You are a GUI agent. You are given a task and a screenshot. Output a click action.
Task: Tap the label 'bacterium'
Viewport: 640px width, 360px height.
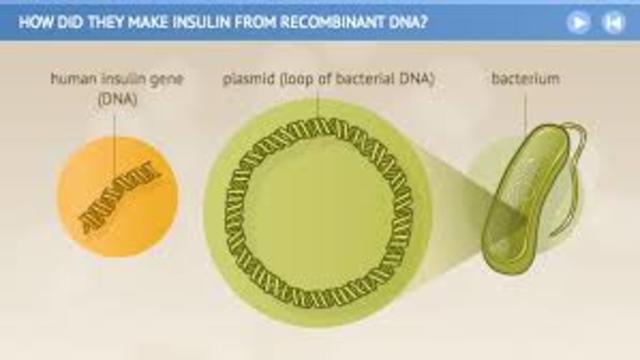click(525, 77)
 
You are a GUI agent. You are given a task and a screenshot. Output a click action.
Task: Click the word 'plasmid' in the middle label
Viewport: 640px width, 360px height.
click(246, 77)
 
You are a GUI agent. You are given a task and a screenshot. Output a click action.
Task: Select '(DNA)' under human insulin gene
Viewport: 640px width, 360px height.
click(117, 97)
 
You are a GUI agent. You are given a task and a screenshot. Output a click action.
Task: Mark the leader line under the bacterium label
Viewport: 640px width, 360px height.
click(525, 110)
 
